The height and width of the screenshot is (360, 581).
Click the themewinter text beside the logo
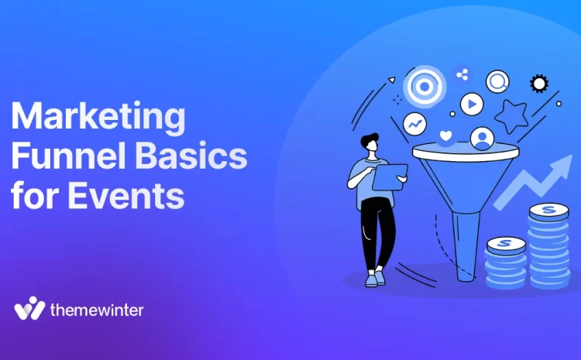click(96, 310)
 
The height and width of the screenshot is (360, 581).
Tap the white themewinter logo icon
click(29, 308)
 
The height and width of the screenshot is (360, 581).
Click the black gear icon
click(538, 84)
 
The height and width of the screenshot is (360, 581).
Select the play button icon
click(471, 103)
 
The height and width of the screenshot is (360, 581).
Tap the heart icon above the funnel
click(446, 137)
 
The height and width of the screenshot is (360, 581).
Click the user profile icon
click(483, 139)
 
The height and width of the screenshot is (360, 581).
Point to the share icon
click(462, 75)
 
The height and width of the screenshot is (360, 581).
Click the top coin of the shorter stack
click(505, 245)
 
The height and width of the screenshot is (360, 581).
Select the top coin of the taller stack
click(549, 210)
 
